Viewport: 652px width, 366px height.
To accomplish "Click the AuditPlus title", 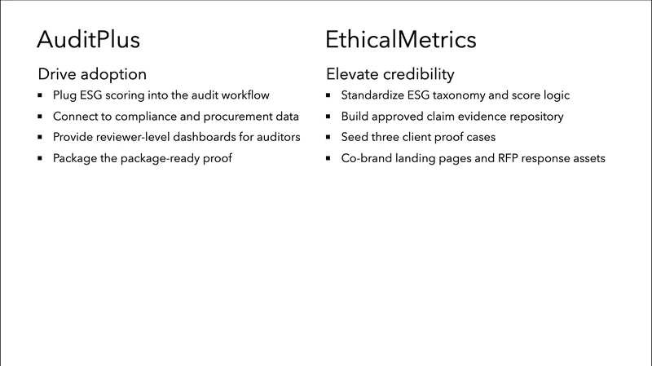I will pos(89,39).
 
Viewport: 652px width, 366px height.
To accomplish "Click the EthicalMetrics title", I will pos(401,39).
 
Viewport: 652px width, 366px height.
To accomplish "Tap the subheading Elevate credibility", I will pos(390,73).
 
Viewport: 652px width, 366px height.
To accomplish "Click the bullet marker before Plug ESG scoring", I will pos(41,96).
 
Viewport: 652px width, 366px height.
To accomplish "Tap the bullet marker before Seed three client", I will pos(329,137).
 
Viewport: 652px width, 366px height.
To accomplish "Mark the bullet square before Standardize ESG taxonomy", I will pos(329,96).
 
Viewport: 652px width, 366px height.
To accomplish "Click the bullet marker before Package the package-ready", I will pos(41,158).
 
